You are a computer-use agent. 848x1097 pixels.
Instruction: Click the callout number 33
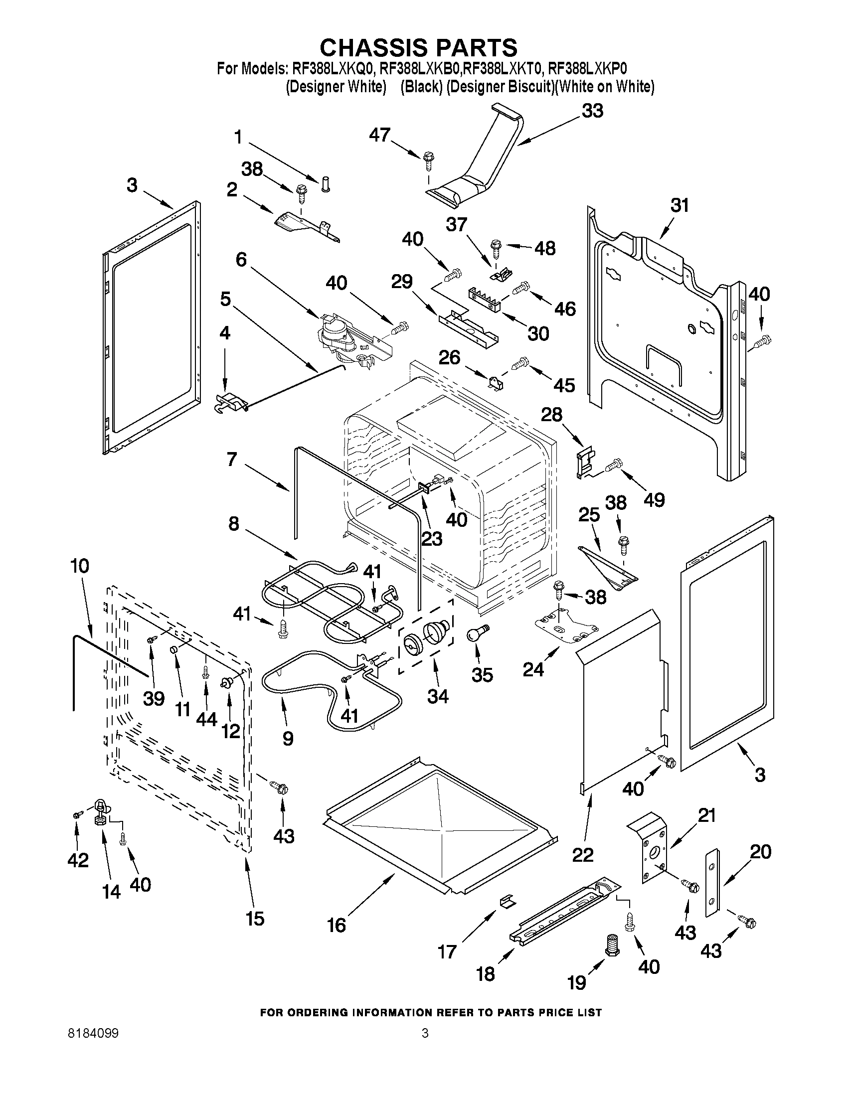point(592,111)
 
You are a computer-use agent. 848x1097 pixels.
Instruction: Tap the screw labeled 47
point(428,159)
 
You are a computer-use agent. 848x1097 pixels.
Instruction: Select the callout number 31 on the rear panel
point(679,206)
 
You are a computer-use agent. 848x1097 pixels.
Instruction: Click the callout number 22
point(583,854)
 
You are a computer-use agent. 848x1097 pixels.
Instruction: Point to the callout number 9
point(288,738)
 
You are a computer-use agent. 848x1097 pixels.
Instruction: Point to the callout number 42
point(77,860)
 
